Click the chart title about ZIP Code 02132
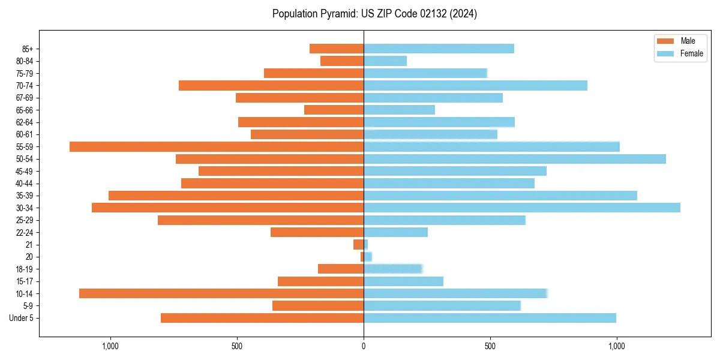pyautogui.click(x=374, y=14)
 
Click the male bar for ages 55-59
pyautogui.click(x=217, y=146)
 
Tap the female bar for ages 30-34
pyautogui.click(x=522, y=208)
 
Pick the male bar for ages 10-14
pyautogui.click(x=221, y=293)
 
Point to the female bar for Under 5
pyautogui.click(x=490, y=318)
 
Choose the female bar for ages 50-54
pyautogui.click(x=515, y=159)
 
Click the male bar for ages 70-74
pyautogui.click(x=271, y=85)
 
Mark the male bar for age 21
pyautogui.click(x=358, y=244)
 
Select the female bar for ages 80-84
pyautogui.click(x=385, y=61)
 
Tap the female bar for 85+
pyautogui.click(x=439, y=49)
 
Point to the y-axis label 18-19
pyautogui.click(x=25, y=269)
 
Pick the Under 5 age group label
pyautogui.click(x=21, y=318)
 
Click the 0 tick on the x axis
pyautogui.click(x=364, y=346)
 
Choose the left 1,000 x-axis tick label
pyautogui.click(x=110, y=346)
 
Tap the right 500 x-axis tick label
pyautogui.click(x=490, y=346)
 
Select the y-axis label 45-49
pyautogui.click(x=25, y=171)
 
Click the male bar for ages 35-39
pyautogui.click(x=236, y=196)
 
